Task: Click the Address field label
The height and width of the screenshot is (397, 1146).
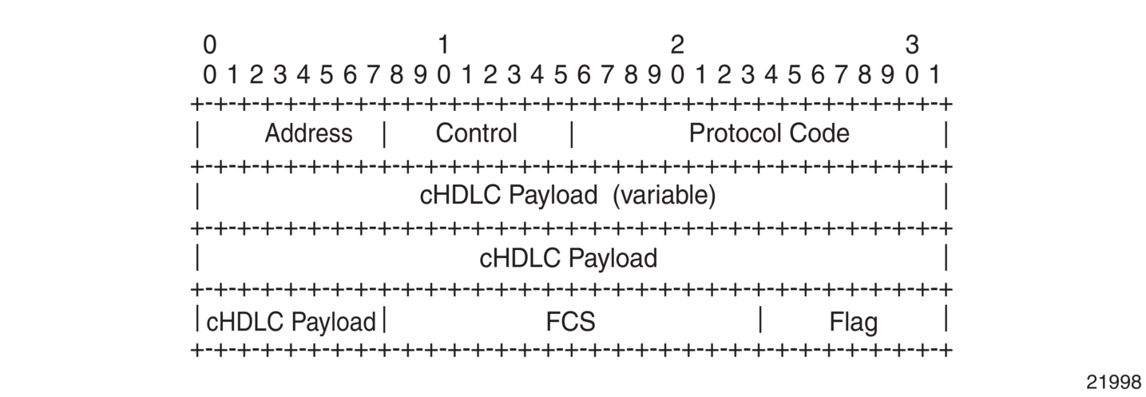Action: point(308,133)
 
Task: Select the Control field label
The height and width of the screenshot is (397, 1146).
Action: point(476,133)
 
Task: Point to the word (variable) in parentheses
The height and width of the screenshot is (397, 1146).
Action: point(664,196)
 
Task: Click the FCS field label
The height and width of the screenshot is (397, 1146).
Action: point(570,322)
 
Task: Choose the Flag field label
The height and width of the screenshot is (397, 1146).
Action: point(854,322)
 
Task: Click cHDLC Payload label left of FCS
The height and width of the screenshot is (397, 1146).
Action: point(291,322)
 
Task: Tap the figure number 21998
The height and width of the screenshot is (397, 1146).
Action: point(1113,382)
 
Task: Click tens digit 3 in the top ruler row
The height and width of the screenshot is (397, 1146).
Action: point(912,45)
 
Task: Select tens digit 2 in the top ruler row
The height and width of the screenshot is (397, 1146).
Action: point(677,45)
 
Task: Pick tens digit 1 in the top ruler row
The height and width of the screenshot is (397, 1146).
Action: point(443,45)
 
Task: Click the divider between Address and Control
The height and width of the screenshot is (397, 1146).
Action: point(385,134)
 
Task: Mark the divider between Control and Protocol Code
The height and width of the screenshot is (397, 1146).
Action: point(572,134)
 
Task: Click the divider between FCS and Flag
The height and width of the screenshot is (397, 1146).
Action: point(760,320)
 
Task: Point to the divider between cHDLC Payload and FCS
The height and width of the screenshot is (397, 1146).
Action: point(385,320)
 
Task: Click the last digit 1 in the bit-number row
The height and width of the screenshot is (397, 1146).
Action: point(934,75)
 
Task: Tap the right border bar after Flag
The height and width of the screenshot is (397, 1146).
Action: point(946,318)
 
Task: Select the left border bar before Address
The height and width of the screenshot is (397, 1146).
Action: point(197,134)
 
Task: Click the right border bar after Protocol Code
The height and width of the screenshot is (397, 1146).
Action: point(946,134)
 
